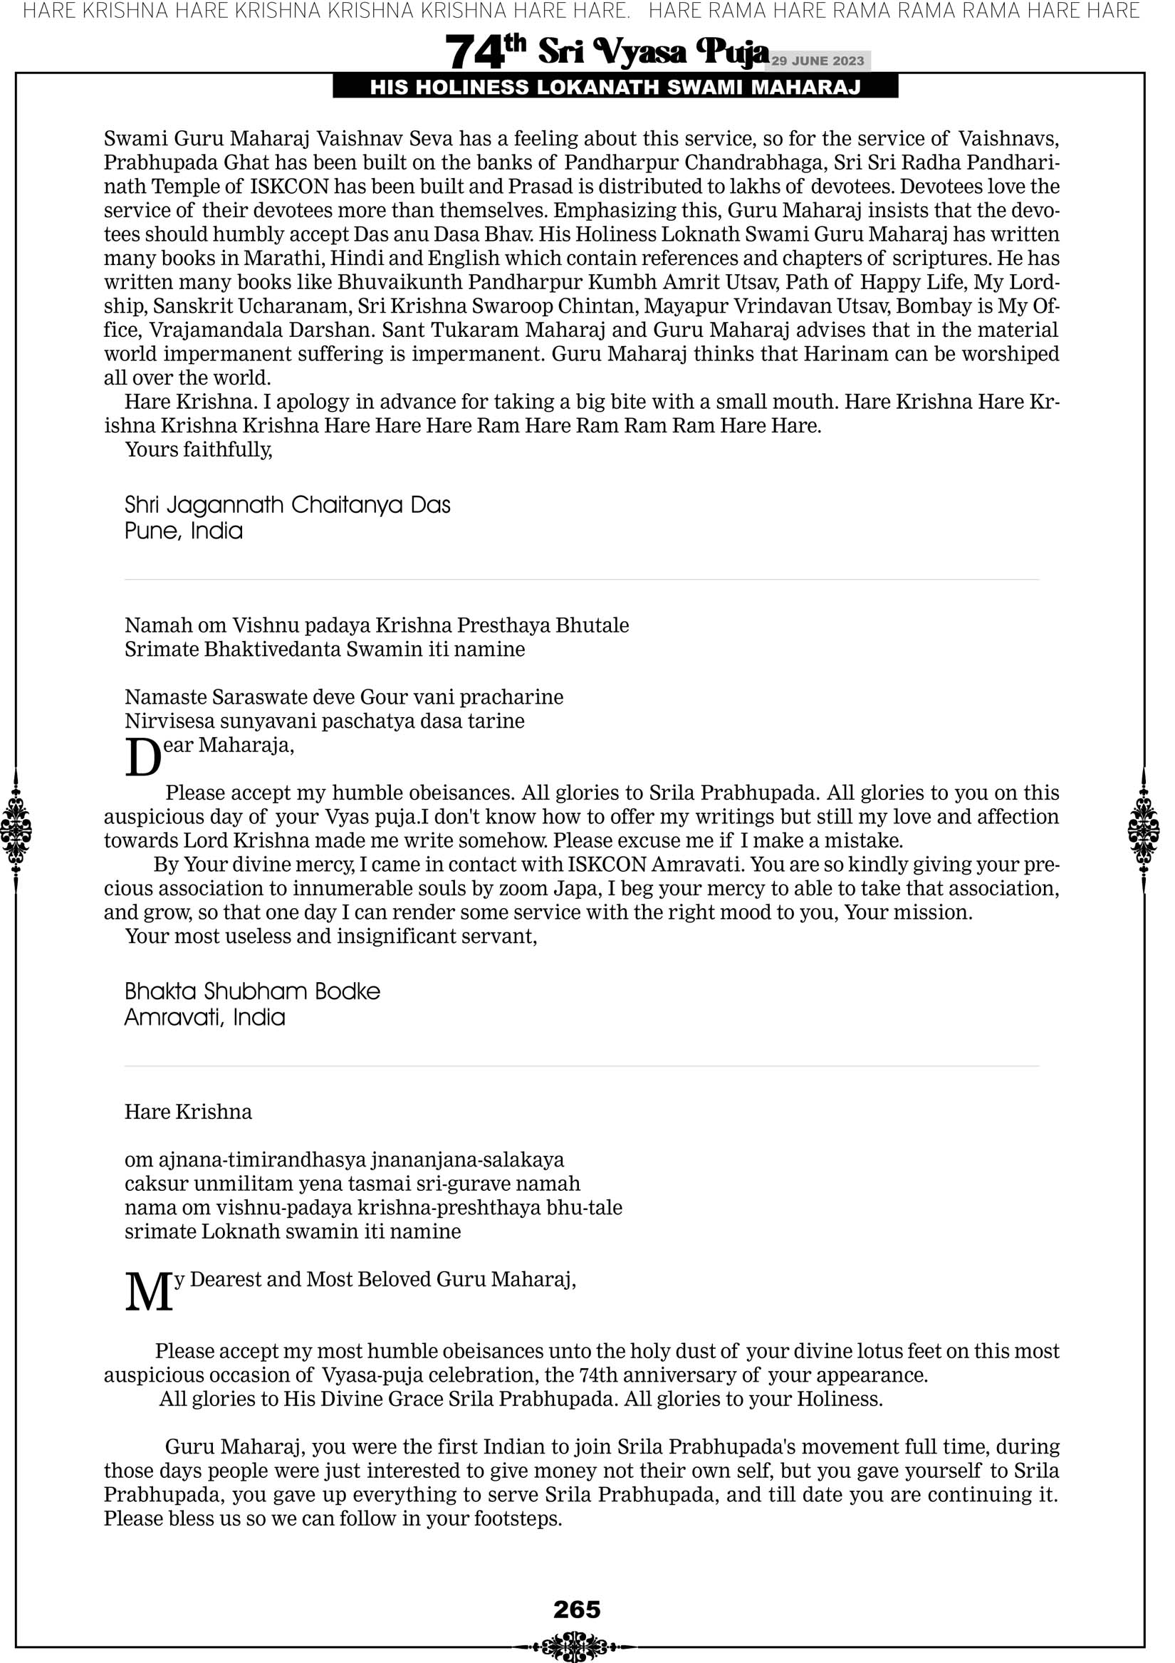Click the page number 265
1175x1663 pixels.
[x=577, y=1609]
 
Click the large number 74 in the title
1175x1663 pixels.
[x=474, y=53]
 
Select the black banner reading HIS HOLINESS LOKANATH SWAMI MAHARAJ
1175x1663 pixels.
[x=615, y=88]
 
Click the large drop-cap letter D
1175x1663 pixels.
[x=142, y=758]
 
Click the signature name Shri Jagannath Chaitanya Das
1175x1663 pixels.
[x=287, y=505]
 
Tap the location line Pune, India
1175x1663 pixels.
[x=183, y=531]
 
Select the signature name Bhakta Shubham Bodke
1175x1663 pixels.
[x=252, y=991]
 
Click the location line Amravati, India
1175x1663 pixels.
[x=204, y=1017]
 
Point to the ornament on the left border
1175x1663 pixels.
[x=16, y=830]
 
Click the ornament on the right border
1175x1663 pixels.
[x=1144, y=830]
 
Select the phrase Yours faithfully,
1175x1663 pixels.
[x=199, y=450]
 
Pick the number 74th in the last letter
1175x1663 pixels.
[x=598, y=1375]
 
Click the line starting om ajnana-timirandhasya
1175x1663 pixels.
[x=344, y=1159]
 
